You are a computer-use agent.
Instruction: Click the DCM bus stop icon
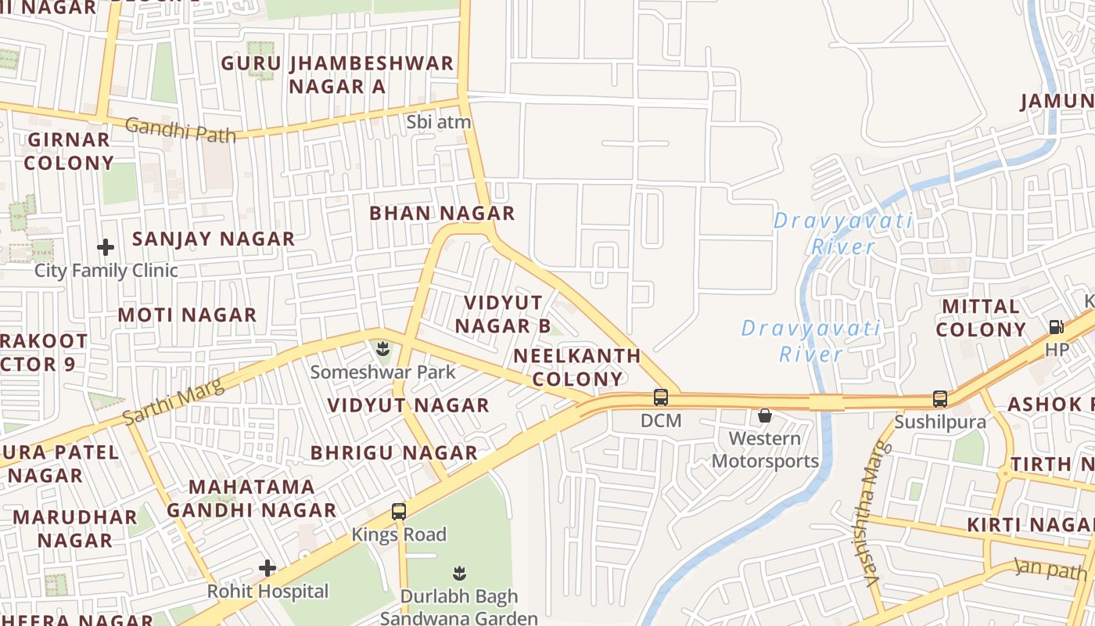[661, 398]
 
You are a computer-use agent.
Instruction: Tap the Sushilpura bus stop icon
[940, 399]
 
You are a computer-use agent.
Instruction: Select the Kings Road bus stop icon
[399, 513]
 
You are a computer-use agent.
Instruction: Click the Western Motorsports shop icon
[765, 416]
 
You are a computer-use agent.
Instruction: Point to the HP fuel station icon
[1057, 327]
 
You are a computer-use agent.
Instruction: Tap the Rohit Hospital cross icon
[267, 568]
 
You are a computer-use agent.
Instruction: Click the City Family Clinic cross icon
[106, 248]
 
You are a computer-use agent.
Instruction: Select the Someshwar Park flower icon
[382, 348]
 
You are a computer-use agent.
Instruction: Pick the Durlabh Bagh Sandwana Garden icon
[459, 574]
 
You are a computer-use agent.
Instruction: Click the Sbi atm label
[439, 122]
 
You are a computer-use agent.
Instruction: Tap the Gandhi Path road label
[180, 129]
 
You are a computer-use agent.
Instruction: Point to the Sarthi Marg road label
[173, 401]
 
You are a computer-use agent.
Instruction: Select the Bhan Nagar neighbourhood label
[442, 213]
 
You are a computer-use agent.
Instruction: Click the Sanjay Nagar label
[214, 239]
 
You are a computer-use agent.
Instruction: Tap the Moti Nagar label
[187, 315]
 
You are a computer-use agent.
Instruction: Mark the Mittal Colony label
[981, 318]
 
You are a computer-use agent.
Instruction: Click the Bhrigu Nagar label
[393, 453]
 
